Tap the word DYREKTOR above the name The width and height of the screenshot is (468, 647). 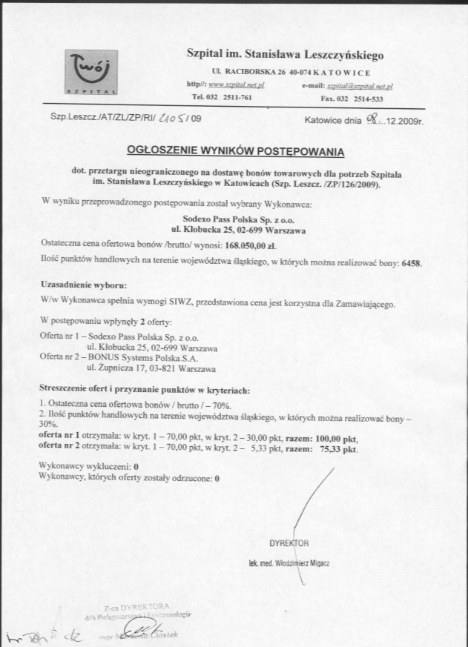(290, 542)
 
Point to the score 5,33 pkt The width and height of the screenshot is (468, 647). (263, 448)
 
